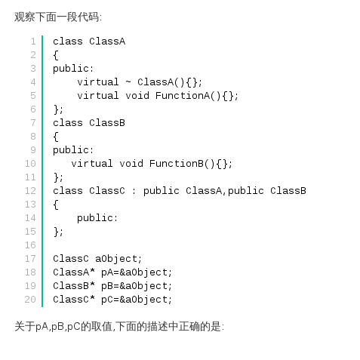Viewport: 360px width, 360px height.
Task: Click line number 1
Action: [33, 42]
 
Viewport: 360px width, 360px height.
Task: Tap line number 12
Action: [30, 191]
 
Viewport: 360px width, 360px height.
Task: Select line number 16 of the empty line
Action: [30, 245]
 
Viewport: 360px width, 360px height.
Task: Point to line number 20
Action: [30, 300]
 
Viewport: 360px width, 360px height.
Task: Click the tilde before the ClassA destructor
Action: [128, 82]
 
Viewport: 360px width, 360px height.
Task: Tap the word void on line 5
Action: [137, 96]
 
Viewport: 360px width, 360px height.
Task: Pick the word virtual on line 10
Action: [92, 164]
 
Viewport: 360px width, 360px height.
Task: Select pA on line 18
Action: [107, 272]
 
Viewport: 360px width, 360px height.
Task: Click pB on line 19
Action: [107, 286]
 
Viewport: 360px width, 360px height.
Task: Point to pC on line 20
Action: [107, 300]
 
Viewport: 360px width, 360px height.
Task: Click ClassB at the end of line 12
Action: [288, 191]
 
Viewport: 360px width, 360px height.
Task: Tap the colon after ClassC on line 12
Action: [134, 191]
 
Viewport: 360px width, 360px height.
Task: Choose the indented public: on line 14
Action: [97, 218]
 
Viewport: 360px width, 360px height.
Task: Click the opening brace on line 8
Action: [56, 137]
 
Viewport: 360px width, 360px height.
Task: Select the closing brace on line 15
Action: [56, 232]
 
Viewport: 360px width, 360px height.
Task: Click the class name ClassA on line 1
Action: [107, 42]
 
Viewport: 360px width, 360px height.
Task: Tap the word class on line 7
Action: [68, 123]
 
